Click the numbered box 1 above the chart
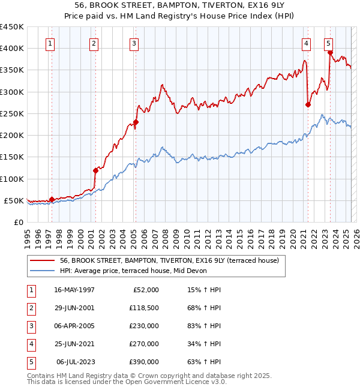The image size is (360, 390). click(50, 43)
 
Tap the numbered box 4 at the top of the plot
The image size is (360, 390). click(306, 43)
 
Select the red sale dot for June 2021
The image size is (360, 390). click(308, 104)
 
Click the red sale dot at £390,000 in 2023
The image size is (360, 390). click(330, 52)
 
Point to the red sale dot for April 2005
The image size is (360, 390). click(136, 122)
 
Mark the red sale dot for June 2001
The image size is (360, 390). click(95, 170)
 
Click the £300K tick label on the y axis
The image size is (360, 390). click(11, 92)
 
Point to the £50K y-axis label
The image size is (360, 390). click(14, 200)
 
